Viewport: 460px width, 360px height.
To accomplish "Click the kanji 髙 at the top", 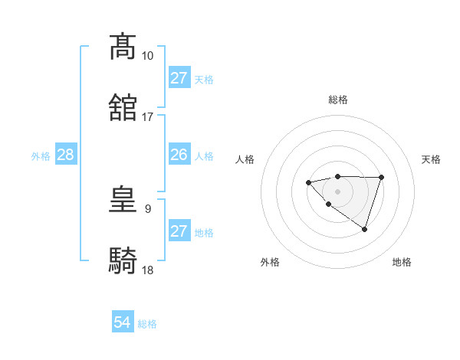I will [123, 47].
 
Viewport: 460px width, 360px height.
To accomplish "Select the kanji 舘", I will [123, 107].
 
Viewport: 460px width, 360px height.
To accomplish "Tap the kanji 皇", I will [123, 200].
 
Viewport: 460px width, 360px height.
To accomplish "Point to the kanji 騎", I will [123, 261].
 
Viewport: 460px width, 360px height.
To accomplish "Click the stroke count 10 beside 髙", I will [147, 56].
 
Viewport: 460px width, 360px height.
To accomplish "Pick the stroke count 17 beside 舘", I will [147, 117].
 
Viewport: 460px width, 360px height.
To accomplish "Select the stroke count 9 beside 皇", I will [148, 208].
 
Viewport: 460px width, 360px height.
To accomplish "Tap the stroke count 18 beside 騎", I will [147, 270].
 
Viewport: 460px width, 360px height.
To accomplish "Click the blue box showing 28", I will [65, 155].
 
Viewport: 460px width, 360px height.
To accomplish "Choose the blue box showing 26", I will [179, 155].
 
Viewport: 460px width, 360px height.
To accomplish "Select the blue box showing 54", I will [122, 322].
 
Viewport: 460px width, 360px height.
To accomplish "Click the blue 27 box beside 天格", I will [179, 78].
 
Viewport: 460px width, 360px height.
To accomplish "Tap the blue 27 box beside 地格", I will [179, 231].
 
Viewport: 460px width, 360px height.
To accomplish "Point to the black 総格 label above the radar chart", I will [337, 100].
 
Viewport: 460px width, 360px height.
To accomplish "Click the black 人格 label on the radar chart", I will [245, 159].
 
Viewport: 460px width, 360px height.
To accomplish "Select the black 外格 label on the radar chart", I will [270, 262].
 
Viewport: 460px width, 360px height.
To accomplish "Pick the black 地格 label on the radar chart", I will [402, 262].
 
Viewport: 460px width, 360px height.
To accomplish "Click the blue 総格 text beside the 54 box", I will [147, 324].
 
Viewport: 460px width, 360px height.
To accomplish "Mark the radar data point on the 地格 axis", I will [365, 229].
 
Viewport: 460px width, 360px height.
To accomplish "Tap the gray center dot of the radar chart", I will [337, 191].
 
